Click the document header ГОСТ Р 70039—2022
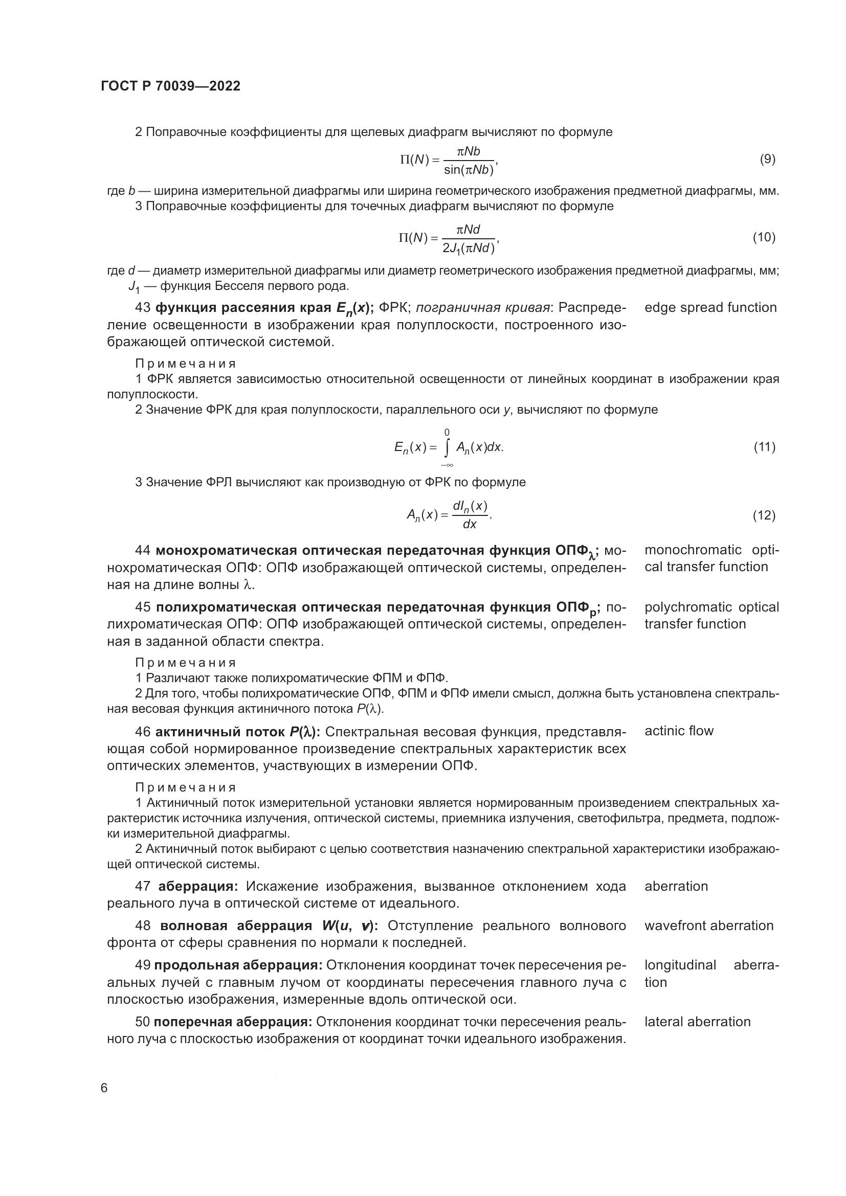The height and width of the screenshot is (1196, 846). click(170, 86)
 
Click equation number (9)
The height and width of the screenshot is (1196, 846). click(767, 160)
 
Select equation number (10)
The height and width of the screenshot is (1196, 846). click(764, 238)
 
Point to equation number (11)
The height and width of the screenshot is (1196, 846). click(764, 447)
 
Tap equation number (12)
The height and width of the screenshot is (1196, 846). click(764, 515)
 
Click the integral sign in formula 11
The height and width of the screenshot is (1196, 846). click(447, 447)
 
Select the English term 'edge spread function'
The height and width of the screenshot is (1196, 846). click(710, 308)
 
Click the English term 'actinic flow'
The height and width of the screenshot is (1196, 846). click(679, 731)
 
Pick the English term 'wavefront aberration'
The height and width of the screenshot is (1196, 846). click(708, 926)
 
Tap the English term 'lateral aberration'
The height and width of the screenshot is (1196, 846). click(697, 1022)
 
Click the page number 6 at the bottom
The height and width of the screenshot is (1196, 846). click(104, 1089)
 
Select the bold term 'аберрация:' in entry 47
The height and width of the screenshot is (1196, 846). click(198, 886)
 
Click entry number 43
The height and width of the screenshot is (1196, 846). click(143, 308)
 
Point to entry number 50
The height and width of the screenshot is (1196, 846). click(143, 1022)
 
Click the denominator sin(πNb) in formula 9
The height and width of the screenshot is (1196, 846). click(469, 170)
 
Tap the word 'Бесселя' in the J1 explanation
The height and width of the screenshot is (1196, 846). click(235, 286)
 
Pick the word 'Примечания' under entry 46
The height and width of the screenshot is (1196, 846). click(186, 787)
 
